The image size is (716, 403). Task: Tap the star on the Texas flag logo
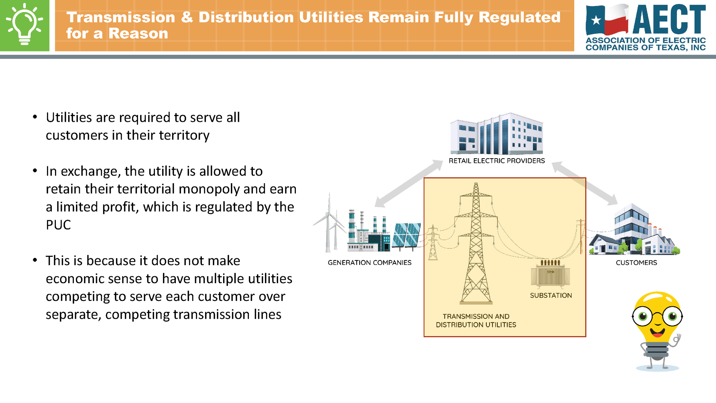[x=596, y=20]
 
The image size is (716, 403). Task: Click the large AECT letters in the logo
[x=669, y=19]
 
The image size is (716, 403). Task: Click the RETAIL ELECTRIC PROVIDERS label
[x=497, y=161]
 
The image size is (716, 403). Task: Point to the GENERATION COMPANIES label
[x=369, y=263]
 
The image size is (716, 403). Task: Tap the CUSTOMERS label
[x=636, y=263]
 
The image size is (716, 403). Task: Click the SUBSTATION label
[x=551, y=296]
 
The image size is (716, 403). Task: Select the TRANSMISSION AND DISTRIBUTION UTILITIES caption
[x=476, y=320]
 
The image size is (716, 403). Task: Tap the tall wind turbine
[x=329, y=224]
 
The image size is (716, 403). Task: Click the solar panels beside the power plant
[x=406, y=235]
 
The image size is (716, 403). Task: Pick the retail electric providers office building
[x=496, y=134]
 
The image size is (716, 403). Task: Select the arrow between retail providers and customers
[x=585, y=183]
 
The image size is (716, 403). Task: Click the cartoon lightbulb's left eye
[x=643, y=316]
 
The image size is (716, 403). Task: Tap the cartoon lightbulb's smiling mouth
[x=657, y=332]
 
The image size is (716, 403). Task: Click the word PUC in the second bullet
[x=58, y=225]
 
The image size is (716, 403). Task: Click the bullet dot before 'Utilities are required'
[x=35, y=117]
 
